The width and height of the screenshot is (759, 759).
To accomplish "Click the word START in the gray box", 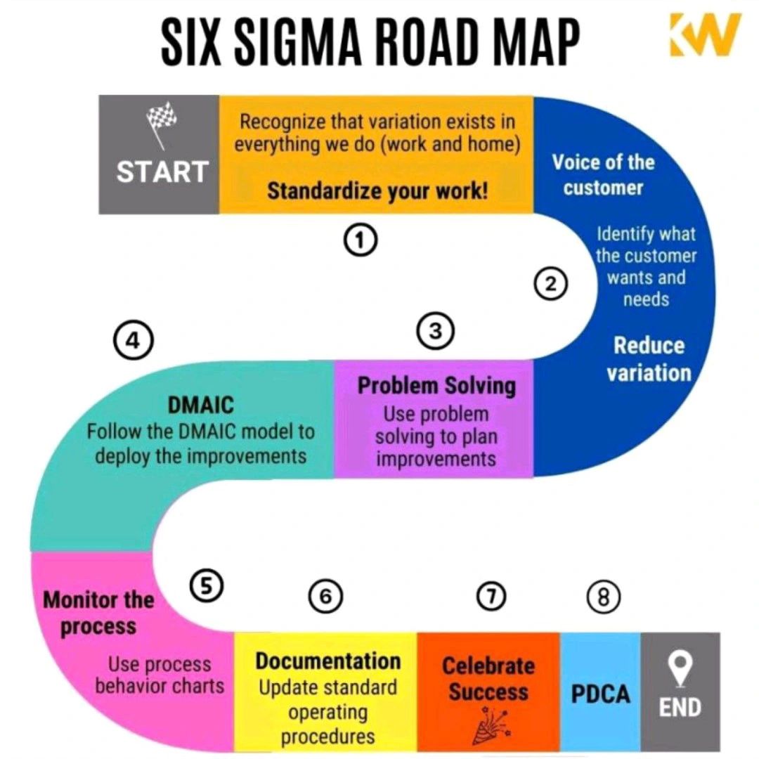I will (162, 172).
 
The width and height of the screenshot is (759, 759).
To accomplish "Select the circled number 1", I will (360, 241).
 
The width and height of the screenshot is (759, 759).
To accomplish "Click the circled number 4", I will (133, 342).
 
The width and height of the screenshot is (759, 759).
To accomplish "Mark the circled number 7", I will (491, 597).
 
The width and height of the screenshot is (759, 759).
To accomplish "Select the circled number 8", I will (604, 597).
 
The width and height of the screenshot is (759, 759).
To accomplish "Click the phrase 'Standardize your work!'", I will (377, 191).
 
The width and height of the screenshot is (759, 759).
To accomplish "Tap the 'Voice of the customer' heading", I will (603, 175).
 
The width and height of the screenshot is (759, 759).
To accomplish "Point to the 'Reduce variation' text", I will (649, 358).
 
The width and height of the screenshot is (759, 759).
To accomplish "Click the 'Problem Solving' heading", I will (436, 386).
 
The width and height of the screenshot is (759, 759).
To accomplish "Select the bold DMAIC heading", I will (200, 406).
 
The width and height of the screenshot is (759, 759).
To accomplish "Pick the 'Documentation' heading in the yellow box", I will (327, 661).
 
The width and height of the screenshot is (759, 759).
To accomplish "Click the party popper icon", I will (488, 724).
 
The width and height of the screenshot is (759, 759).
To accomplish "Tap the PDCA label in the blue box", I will (600, 694).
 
